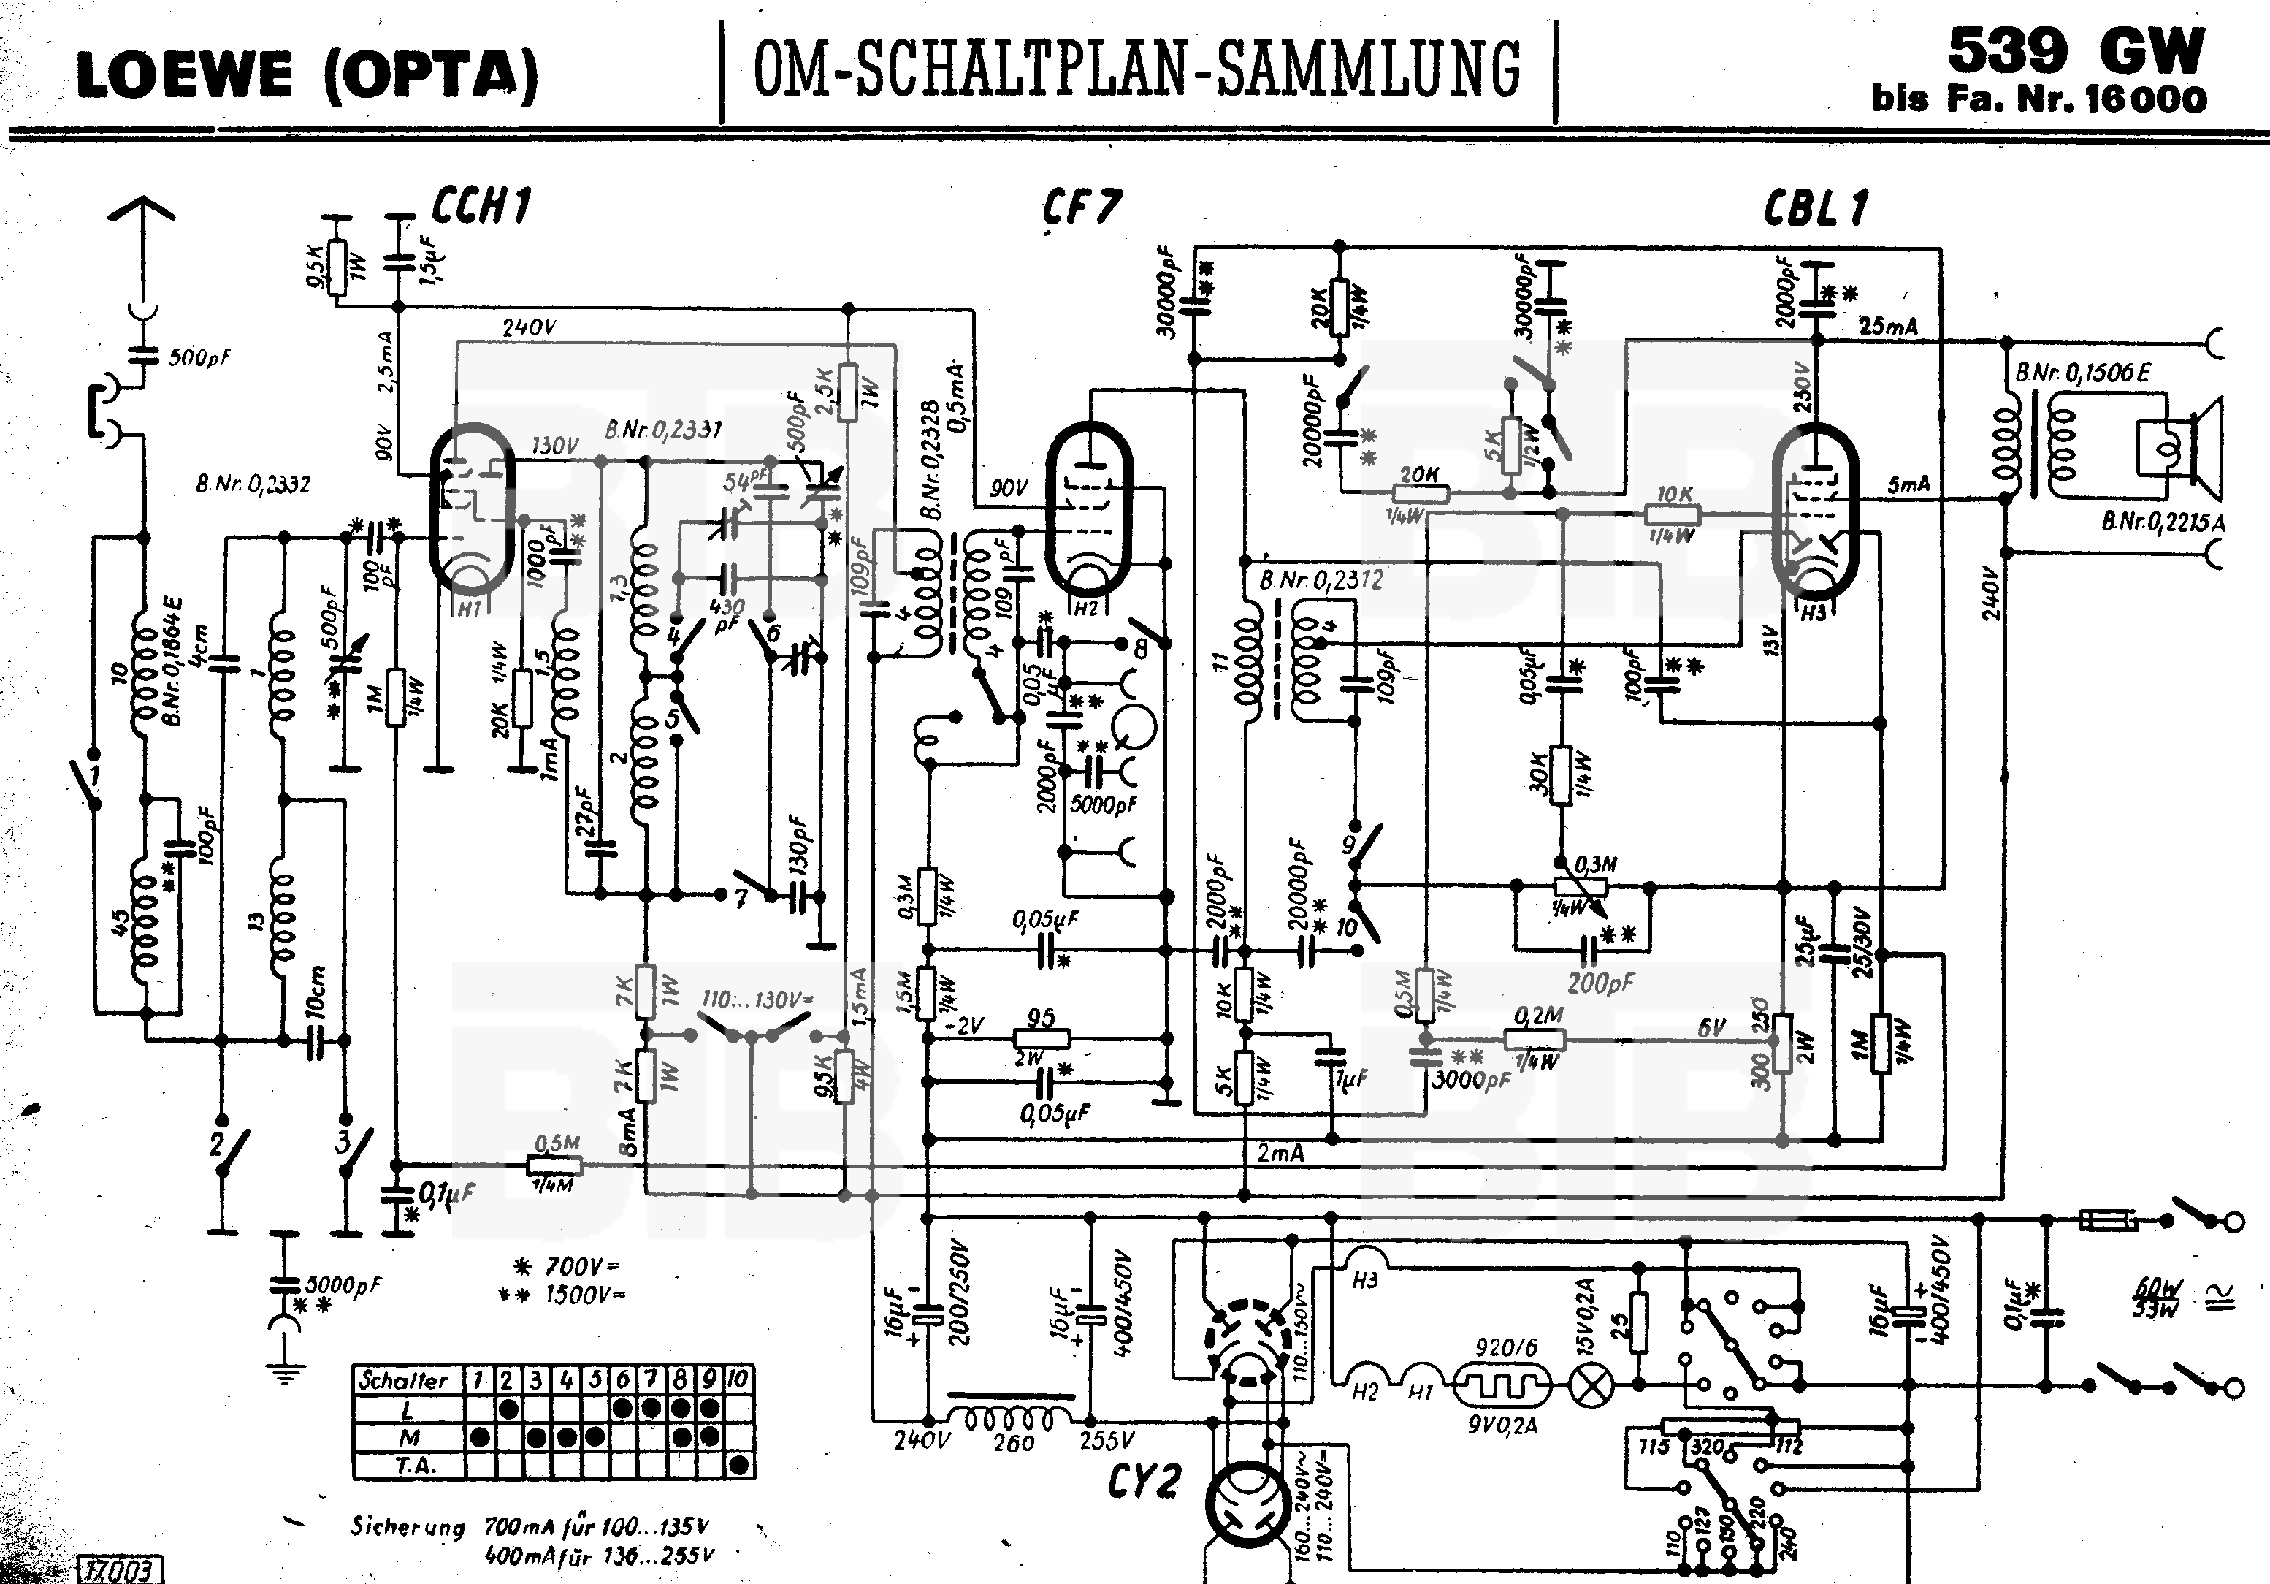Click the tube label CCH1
point(481,205)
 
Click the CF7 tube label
point(1082,207)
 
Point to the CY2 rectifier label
point(1144,1481)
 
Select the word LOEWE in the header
point(185,75)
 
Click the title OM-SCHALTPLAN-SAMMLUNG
point(1137,69)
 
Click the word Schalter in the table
point(403,1380)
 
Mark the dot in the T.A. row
point(738,1466)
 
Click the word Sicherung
point(408,1527)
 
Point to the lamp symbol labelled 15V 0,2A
point(1591,1385)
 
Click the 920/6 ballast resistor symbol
point(1500,1385)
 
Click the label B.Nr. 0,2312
point(1321,580)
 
